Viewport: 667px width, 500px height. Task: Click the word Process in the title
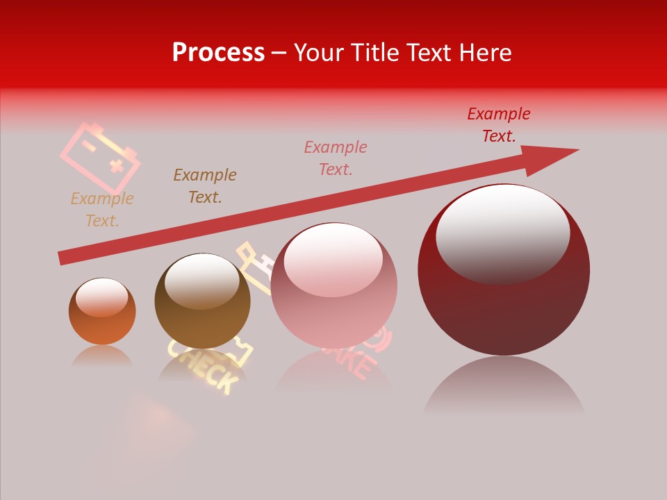[218, 53]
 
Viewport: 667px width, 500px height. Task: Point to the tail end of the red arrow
[64, 258]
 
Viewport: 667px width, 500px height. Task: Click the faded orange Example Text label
[102, 210]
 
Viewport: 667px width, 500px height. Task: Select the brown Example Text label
[205, 186]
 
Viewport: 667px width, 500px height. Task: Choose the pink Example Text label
[336, 158]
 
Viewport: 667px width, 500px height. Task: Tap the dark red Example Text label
[499, 125]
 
